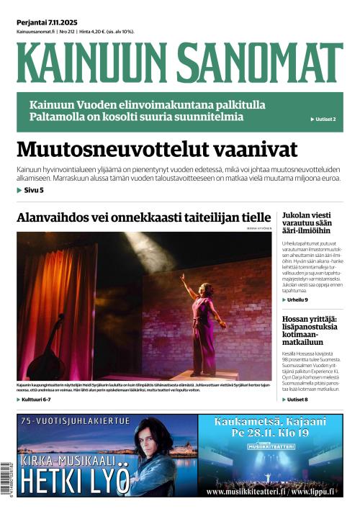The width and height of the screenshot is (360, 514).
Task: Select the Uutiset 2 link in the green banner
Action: [323, 119]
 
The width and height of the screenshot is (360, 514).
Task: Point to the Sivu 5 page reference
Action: [30, 190]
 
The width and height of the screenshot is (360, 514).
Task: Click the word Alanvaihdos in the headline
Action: [53, 218]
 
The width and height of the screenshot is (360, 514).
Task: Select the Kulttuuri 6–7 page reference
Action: [35, 399]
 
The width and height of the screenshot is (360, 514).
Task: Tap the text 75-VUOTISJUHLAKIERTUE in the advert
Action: [76, 421]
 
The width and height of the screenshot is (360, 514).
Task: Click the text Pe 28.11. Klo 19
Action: [270, 433]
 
